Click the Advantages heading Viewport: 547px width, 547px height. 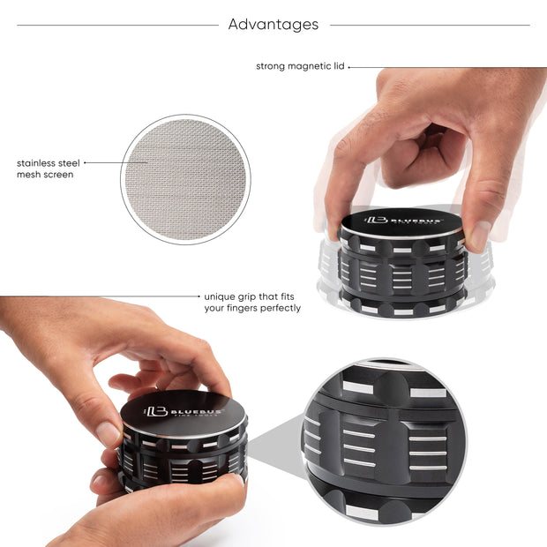(273, 25)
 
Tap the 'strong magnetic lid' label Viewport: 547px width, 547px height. (300, 66)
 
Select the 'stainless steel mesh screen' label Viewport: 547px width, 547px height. (49, 169)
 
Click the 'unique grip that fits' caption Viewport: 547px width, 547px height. (252, 296)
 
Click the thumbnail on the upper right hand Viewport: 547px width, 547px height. (479, 235)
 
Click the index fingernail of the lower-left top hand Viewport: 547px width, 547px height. (108, 433)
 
